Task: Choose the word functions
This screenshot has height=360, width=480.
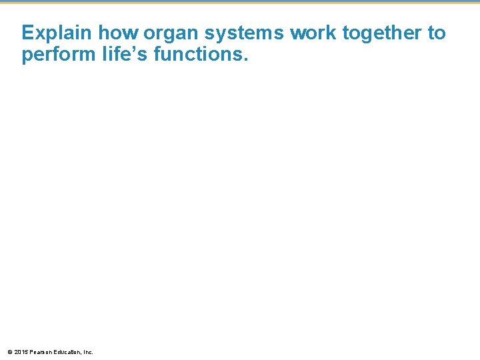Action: tap(198, 54)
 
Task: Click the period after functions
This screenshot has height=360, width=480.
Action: tap(245, 59)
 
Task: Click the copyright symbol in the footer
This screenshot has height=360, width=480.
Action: tap(9, 351)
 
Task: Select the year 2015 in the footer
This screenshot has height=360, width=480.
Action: tap(21, 351)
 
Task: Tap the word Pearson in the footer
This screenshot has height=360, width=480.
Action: tap(40, 351)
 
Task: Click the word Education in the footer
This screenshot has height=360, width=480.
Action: tap(66, 351)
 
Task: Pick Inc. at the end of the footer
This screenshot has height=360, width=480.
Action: tap(87, 351)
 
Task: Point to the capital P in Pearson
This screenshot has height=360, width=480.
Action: tap(31, 351)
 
